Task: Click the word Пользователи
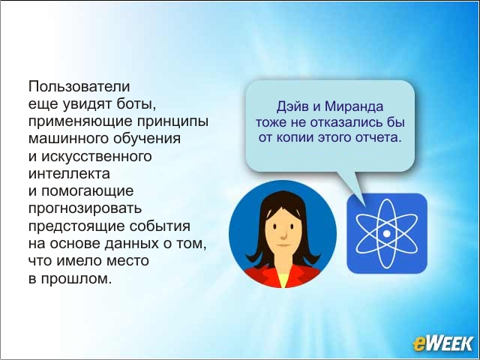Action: point(79,86)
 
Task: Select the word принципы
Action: point(172,121)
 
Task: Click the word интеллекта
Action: point(69,173)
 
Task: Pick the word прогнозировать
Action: point(85,209)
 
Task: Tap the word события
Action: point(160,226)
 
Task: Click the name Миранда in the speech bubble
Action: point(353,106)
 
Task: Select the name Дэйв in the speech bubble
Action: point(292,106)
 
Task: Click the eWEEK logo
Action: point(442,343)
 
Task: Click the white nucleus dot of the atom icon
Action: point(387,233)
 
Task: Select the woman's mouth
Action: point(283,245)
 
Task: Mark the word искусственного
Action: point(97,157)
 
